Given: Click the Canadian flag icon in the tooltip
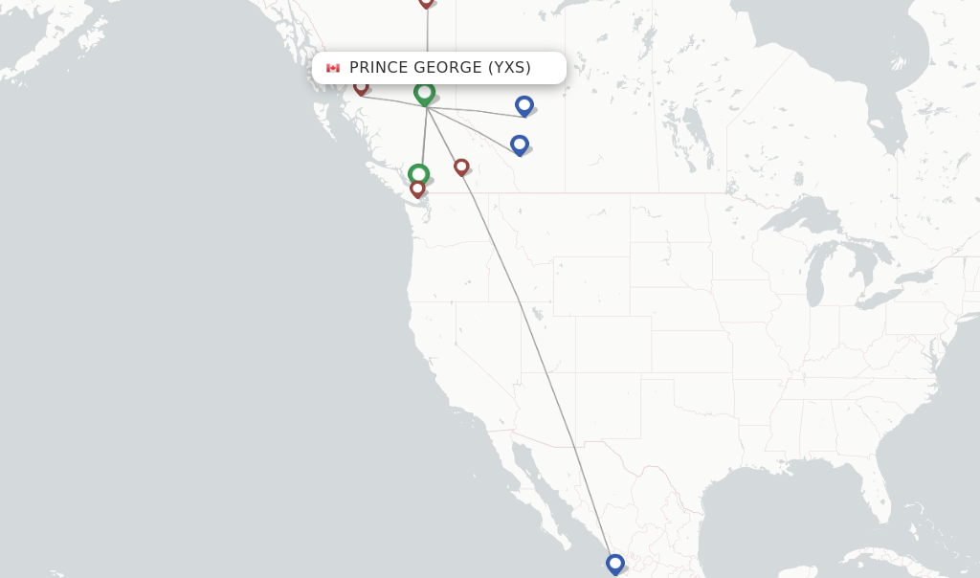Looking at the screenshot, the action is pos(333,68).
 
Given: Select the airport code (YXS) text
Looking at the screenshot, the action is pos(509,68).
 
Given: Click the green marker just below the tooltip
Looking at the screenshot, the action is pos(424,92).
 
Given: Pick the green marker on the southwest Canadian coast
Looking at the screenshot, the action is pos(418,174).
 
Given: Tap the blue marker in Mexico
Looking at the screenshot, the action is pos(614,564).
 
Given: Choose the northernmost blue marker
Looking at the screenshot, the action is pos(523,105).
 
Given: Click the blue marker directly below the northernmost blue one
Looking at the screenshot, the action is pos(519,144).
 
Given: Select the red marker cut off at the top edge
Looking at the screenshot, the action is pos(426,2).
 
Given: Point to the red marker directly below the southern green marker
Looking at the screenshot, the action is pos(417,189).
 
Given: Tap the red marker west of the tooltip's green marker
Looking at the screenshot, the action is pos(361,86).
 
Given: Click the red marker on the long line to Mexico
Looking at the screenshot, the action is pos(461,167).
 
